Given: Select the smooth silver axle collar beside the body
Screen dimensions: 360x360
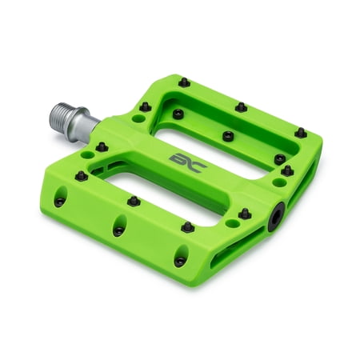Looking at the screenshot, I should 88,120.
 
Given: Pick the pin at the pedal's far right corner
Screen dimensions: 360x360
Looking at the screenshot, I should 300,132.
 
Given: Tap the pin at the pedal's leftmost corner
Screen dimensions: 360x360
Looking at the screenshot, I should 80,175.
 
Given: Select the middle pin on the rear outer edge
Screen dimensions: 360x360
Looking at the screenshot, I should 240,107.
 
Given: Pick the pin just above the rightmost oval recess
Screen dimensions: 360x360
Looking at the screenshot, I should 187,227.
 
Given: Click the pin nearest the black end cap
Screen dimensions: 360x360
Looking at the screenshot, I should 243,214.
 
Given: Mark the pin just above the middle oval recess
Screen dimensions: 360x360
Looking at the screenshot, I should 134,201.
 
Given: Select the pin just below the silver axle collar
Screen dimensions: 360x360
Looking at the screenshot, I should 102,146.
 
